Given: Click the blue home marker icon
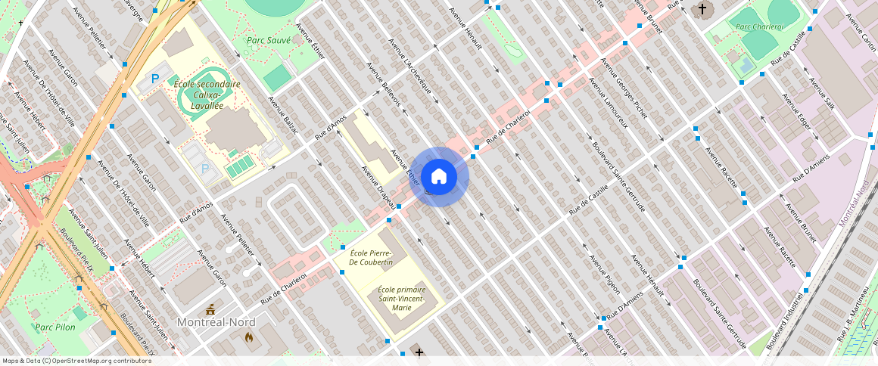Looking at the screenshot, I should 439,177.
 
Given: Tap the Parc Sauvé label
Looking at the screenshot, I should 269,40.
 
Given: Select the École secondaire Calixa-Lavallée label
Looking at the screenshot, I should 207,95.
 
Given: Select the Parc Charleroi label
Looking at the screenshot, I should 759,26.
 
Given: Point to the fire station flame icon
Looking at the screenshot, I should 248,338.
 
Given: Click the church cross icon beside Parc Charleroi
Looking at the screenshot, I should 702,10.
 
